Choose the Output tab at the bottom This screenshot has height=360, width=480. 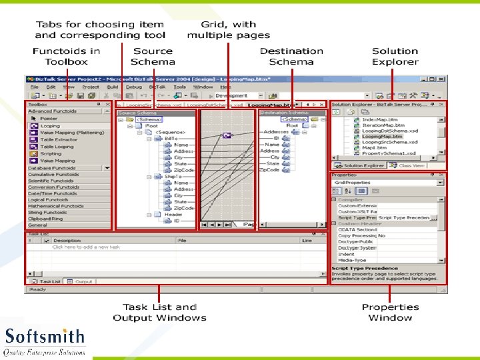pos(83,282)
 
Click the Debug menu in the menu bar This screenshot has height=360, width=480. pos(134,87)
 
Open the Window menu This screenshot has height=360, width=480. pos(203,87)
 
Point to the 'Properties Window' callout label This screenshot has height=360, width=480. pos(390,312)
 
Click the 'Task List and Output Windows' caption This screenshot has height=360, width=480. pos(159,312)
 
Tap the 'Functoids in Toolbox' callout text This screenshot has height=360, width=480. pos(66,56)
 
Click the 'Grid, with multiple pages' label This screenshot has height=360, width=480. pos(228,30)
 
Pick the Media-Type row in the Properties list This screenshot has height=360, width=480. pos(353,261)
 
